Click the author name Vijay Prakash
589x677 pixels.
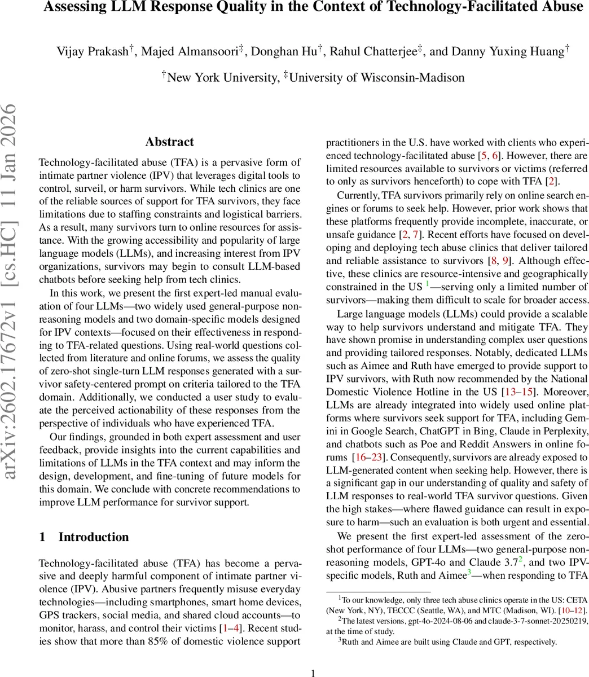[x=93, y=51]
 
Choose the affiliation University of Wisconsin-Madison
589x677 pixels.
[x=377, y=77]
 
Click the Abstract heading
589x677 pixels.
[x=169, y=142]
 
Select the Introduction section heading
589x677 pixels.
[x=94, y=537]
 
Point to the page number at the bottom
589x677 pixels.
[x=314, y=672]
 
